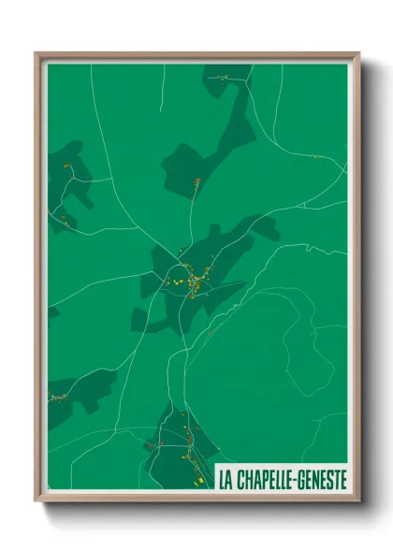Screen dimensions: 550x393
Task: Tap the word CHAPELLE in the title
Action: [x=265, y=481]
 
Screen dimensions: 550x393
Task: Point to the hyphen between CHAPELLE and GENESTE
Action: [x=299, y=481]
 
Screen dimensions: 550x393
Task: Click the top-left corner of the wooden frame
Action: [x=36, y=53]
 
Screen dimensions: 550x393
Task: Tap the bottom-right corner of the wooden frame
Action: [x=359, y=500]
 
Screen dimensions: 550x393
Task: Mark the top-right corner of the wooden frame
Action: [x=359, y=53]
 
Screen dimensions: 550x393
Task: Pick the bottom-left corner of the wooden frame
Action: [x=36, y=500]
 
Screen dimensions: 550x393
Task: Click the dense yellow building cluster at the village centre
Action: [x=191, y=279]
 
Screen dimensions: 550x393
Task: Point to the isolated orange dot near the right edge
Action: [x=316, y=157]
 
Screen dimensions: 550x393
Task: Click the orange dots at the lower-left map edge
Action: [x=58, y=397]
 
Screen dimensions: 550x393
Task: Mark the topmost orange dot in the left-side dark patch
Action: [x=66, y=166]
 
